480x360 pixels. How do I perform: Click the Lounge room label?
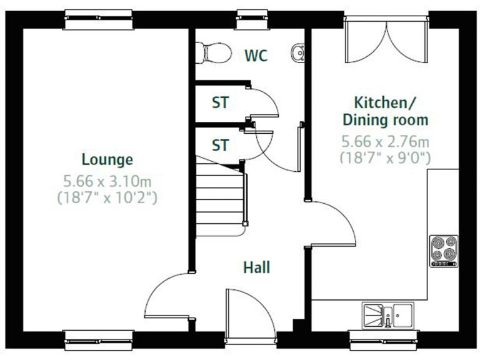107,159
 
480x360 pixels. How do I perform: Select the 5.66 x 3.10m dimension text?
107,182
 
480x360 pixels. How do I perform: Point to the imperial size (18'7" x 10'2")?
107,199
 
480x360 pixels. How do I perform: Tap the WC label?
256,56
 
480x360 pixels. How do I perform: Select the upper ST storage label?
220,102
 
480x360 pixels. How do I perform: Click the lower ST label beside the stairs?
220,146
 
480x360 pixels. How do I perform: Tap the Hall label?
256,267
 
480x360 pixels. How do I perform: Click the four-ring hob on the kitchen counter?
444,251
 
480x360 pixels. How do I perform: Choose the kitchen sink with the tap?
387,314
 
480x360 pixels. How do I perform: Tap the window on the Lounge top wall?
99,21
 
